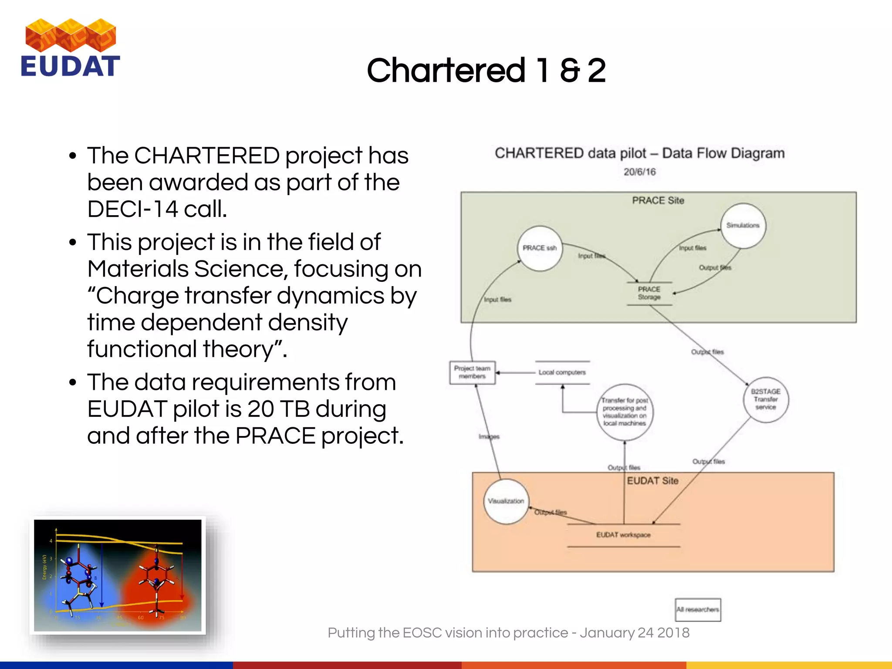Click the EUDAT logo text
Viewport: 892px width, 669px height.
click(70, 66)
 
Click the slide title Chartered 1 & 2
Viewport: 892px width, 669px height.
click(486, 71)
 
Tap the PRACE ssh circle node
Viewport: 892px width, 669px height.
click(540, 248)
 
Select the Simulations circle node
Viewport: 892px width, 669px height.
click(743, 226)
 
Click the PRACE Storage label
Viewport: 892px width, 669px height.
click(649, 293)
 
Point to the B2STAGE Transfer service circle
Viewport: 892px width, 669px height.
click(765, 399)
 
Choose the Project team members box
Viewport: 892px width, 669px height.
click(472, 372)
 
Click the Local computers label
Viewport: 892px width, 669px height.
click(562, 372)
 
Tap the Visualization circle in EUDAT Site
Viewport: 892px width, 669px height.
click(506, 501)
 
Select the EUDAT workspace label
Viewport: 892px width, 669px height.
click(623, 535)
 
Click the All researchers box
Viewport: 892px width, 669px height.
click(697, 610)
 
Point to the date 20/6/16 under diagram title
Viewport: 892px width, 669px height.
click(639, 172)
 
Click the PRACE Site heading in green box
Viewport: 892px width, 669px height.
click(658, 201)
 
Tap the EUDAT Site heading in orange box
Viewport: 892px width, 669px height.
click(652, 481)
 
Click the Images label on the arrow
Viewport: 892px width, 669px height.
click(489, 436)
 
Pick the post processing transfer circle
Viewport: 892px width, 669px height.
click(624, 412)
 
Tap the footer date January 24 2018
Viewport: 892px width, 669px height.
click(635, 632)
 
